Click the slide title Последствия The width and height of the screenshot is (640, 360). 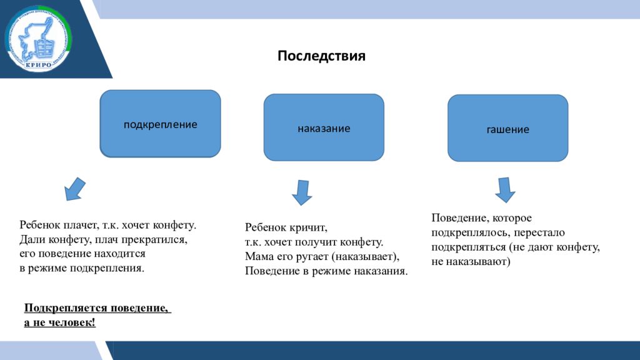(321, 56)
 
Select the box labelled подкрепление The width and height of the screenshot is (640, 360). (160, 124)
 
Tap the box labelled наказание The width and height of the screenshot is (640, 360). (323, 128)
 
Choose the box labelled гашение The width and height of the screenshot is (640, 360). (507, 129)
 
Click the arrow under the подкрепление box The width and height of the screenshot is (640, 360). (75, 189)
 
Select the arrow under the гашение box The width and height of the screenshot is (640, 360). (504, 189)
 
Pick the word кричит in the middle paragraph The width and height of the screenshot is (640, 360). (309, 228)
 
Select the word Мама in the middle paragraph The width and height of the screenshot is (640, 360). (257, 257)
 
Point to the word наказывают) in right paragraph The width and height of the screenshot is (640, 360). (479, 262)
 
